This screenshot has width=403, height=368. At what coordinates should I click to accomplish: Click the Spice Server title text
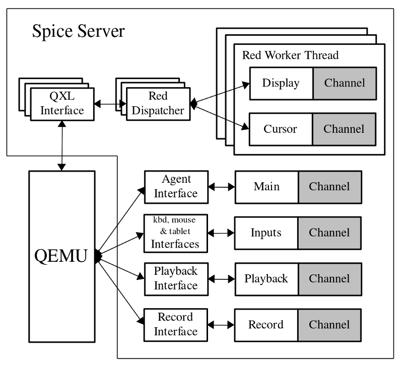[78, 31]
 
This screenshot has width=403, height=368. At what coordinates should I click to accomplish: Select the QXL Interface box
[62, 103]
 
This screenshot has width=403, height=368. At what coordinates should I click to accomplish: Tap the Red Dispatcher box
[159, 103]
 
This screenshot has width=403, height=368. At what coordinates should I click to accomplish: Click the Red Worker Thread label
[290, 55]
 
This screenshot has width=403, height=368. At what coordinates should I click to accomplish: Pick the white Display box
[281, 83]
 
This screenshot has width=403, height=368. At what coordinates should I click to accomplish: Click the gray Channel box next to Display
[344, 83]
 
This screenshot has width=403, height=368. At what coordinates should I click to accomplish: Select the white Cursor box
[281, 129]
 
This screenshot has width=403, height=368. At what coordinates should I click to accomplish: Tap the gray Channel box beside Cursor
[344, 129]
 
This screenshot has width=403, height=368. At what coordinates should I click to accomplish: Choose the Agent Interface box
[176, 187]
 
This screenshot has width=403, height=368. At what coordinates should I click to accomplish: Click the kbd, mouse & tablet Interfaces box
[176, 233]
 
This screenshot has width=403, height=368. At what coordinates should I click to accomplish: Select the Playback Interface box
[176, 278]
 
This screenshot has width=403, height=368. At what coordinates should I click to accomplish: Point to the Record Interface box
[176, 325]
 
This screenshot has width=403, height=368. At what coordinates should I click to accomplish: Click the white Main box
[266, 187]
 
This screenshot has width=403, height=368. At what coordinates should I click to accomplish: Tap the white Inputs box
[266, 233]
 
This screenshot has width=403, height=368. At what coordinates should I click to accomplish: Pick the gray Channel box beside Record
[329, 325]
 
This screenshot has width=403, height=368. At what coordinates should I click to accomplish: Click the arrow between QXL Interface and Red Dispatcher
[110, 104]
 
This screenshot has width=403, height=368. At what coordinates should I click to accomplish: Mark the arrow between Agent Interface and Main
[222, 187]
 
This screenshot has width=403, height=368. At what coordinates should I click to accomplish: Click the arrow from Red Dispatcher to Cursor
[220, 117]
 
